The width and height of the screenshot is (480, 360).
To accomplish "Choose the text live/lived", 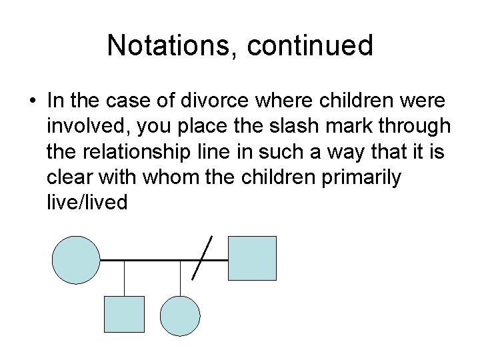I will (x=87, y=201).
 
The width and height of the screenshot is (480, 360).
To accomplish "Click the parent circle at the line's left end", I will (x=76, y=259).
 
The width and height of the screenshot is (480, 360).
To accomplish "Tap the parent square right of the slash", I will (x=252, y=259).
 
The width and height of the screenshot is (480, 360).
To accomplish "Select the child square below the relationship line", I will (x=124, y=315).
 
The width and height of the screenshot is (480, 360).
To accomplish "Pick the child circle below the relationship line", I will (x=180, y=315).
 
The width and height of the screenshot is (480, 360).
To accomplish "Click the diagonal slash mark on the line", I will (x=202, y=257).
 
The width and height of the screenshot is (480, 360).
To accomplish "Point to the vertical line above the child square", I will (x=124, y=277).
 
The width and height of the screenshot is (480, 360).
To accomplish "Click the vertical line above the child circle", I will (x=180, y=277).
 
